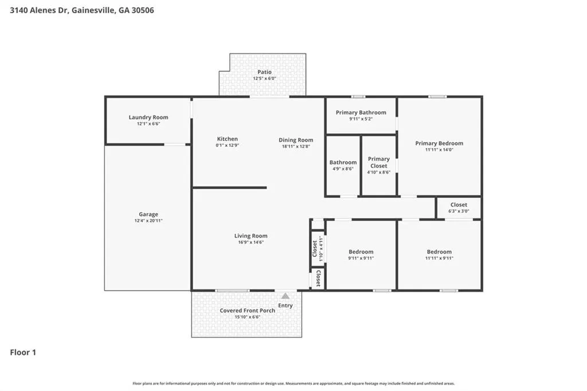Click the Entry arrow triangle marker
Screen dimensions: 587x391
[x=285, y=296]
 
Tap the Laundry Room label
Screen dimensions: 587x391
[x=148, y=117]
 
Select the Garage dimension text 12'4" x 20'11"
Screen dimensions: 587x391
[x=148, y=221]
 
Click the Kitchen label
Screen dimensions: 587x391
[x=227, y=139]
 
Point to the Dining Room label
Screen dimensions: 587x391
[x=296, y=140]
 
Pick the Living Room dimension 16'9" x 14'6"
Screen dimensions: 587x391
[x=251, y=243]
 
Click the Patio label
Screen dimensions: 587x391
[x=264, y=72]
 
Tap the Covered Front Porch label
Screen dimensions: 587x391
[x=247, y=311]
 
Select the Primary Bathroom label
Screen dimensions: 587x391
[x=361, y=112]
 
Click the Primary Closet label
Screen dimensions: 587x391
[x=378, y=162]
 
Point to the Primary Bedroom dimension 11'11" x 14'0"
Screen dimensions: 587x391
[x=439, y=150]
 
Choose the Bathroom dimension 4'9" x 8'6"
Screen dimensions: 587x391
[x=343, y=169]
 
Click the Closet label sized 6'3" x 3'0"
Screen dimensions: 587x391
[x=459, y=205]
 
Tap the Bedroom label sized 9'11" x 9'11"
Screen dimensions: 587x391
[x=361, y=252]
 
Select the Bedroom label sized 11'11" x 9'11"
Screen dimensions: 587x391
[x=439, y=252]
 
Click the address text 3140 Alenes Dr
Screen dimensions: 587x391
[x=39, y=10]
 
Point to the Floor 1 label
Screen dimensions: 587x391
[x=23, y=352]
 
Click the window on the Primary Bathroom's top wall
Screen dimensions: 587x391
[x=358, y=97]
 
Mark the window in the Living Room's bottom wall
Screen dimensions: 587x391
[x=233, y=291]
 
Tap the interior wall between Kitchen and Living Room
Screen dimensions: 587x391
[x=229, y=187]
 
